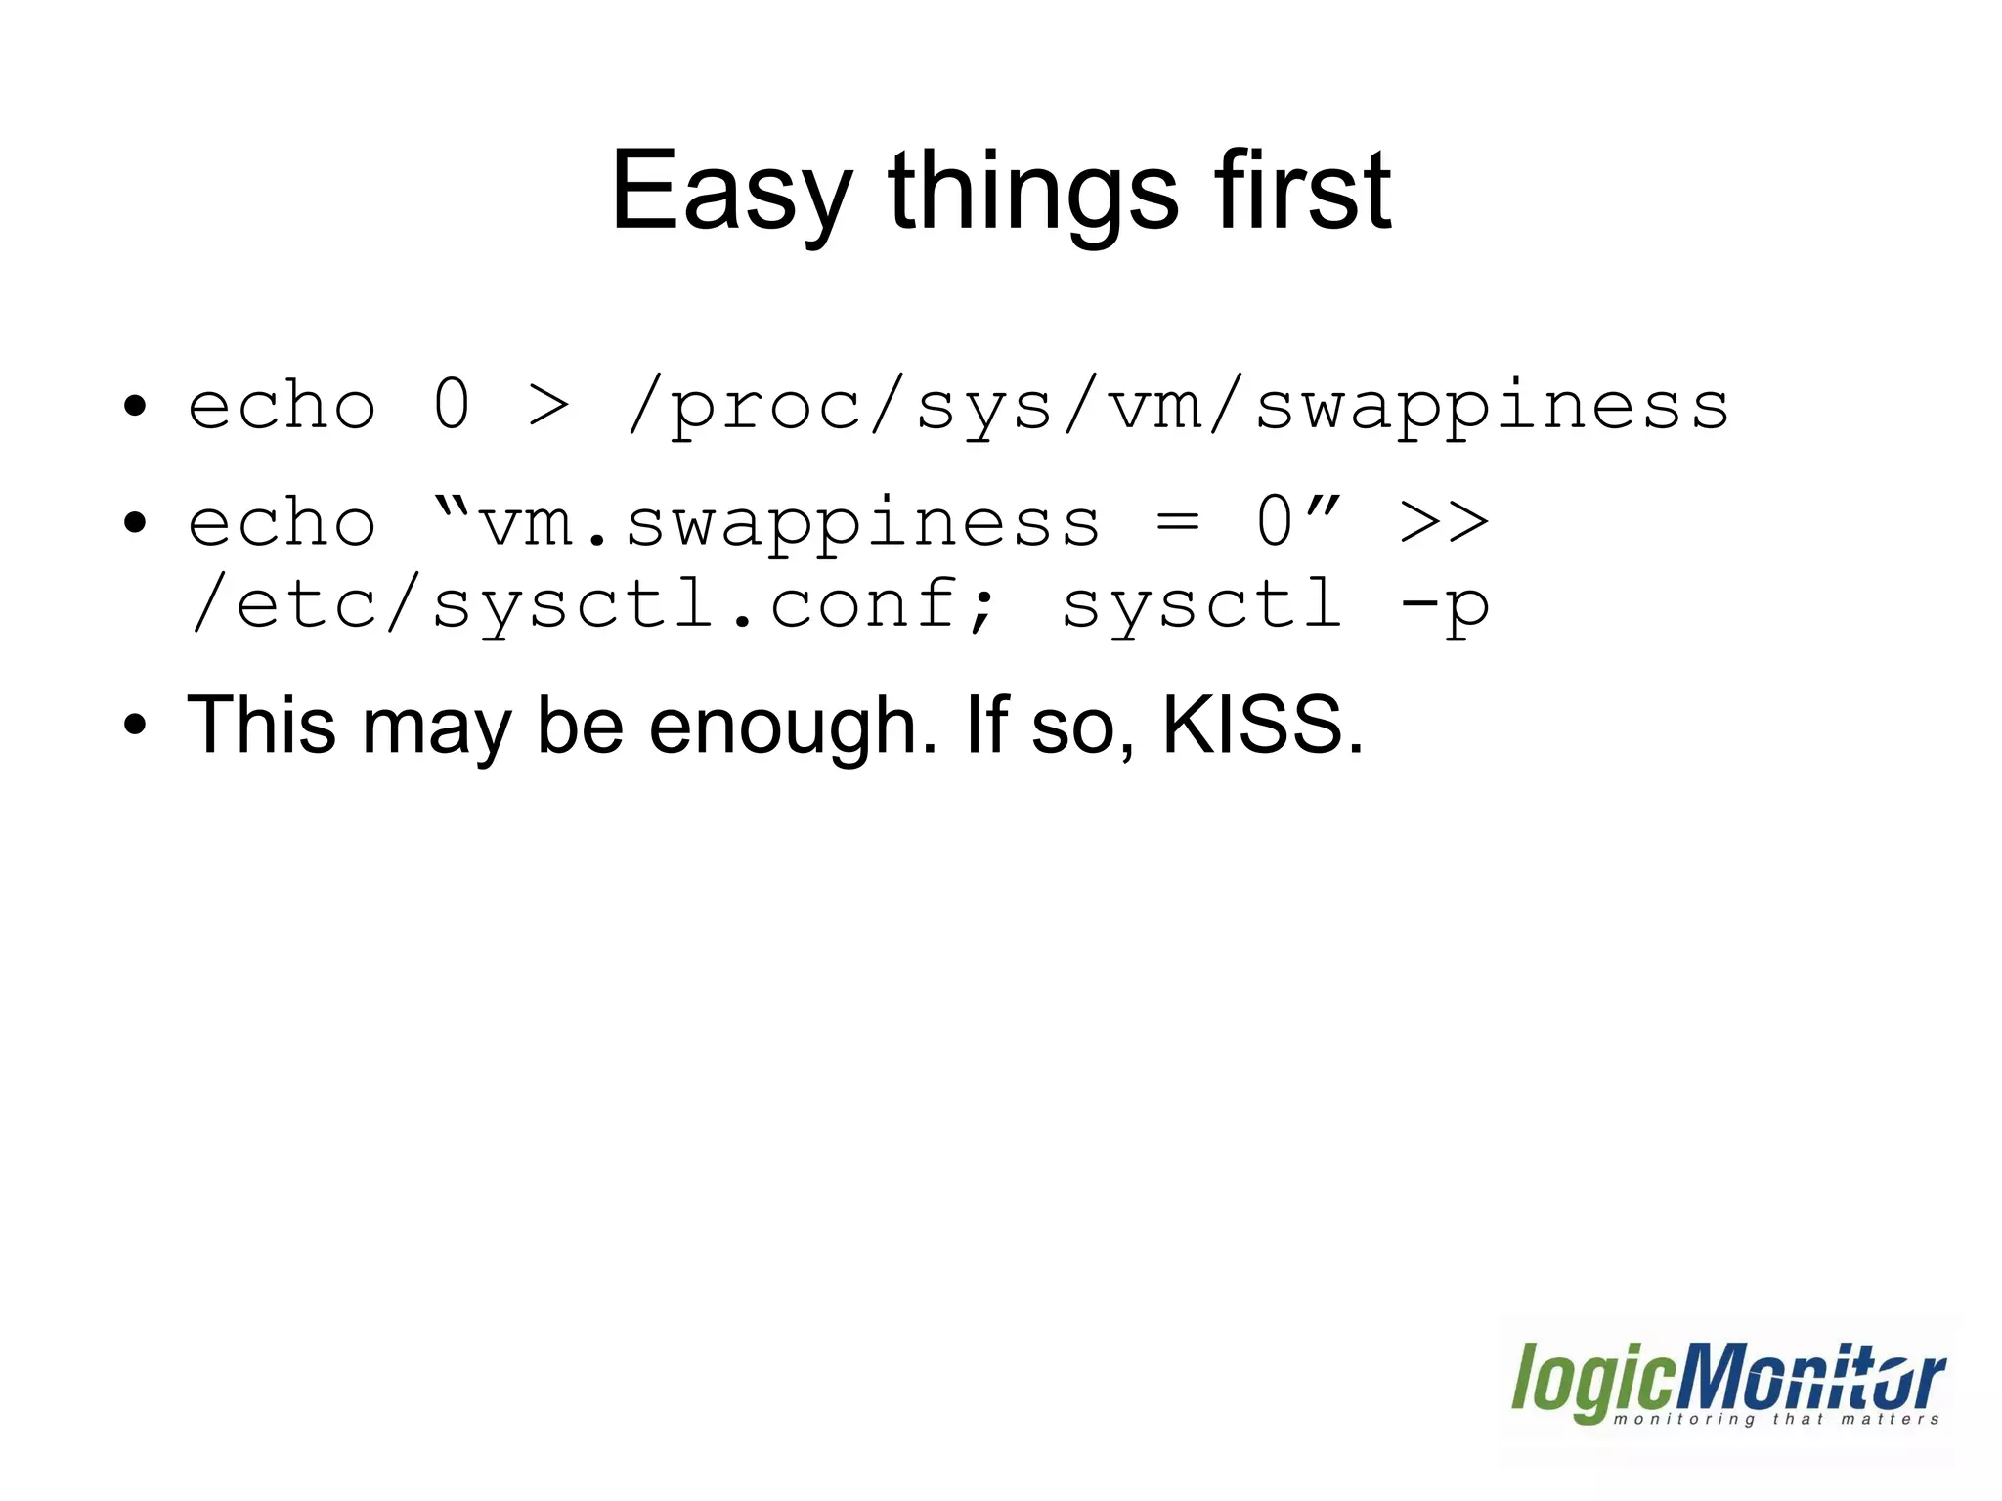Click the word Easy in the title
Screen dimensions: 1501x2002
(731, 193)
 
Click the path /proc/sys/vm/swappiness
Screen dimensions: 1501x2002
(1178, 407)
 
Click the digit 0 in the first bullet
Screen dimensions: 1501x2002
(452, 405)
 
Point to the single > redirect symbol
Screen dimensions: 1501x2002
(548, 407)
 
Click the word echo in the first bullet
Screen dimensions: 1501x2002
(282, 407)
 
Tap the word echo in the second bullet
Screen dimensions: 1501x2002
(282, 523)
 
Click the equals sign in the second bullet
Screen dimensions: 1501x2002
(1177, 523)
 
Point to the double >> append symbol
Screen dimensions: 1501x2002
(1444, 523)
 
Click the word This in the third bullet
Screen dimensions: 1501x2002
(261, 727)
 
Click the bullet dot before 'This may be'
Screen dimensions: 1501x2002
(135, 727)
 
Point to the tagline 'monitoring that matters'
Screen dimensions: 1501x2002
(1775, 1419)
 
